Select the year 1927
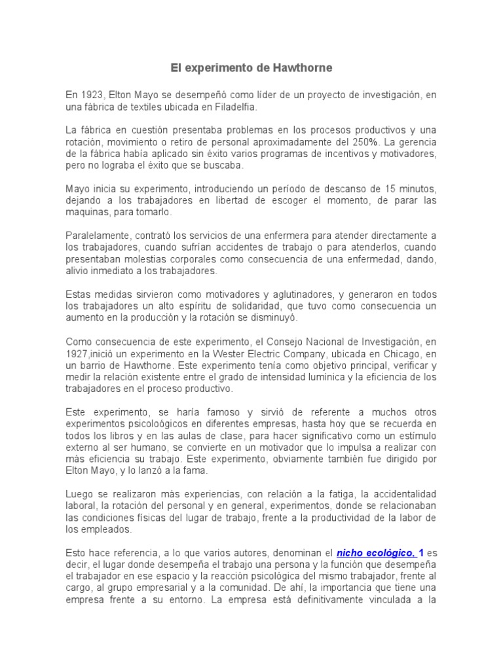78,353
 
